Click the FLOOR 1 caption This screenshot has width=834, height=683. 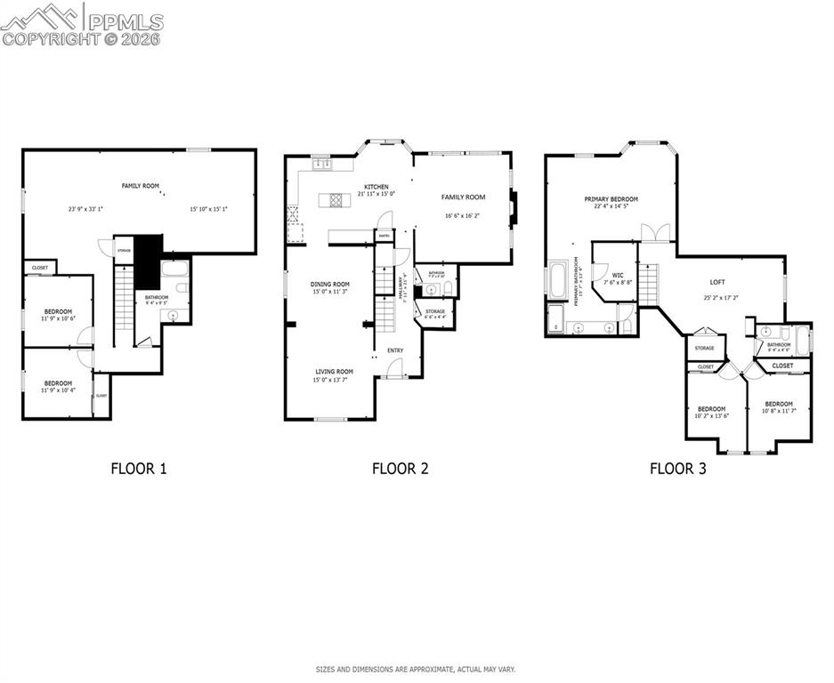click(x=138, y=469)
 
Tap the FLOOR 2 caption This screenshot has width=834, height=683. click(x=400, y=469)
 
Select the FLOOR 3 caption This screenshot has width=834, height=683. click(x=677, y=469)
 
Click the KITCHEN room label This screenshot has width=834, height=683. click(x=376, y=187)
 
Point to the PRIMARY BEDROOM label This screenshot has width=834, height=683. click(x=611, y=199)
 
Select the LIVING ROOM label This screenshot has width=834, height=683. click(x=334, y=372)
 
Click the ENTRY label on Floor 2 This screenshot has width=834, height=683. click(x=395, y=350)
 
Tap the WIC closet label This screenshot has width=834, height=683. click(x=618, y=276)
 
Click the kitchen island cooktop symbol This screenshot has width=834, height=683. click(x=336, y=200)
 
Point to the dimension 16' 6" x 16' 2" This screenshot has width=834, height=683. click(x=463, y=214)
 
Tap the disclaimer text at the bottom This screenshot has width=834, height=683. click(x=416, y=669)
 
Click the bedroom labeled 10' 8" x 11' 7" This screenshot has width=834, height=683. click(x=778, y=407)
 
